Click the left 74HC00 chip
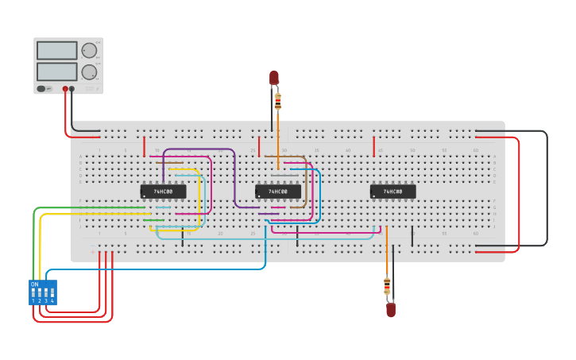[163, 192]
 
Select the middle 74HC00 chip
[277, 192]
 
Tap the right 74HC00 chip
[392, 192]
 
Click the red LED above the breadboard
[274, 77]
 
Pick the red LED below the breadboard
[391, 309]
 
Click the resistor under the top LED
[277, 101]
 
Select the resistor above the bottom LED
[387, 285]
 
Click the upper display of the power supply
[56, 51]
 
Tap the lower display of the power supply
[56, 72]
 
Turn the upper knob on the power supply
[89, 51]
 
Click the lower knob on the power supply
[89, 72]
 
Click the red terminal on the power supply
[65, 89]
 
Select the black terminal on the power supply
[72, 89]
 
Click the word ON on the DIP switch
[34, 285]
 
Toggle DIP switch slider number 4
[52, 292]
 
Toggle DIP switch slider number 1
[33, 292]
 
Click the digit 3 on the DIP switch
[46, 301]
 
